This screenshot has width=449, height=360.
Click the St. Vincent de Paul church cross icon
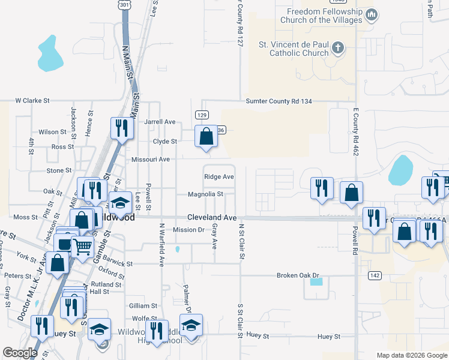pyautogui.click(x=338, y=48)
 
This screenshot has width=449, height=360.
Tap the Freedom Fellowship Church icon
pyautogui.click(x=372, y=14)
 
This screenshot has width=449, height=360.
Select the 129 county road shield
pyautogui.click(x=202, y=114)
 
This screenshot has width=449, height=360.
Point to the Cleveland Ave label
pyautogui.click(x=211, y=218)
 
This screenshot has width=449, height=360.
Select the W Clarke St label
pyautogui.click(x=32, y=101)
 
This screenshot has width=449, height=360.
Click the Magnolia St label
pyautogui.click(x=205, y=194)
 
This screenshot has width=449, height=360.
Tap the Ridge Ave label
pyautogui.click(x=218, y=176)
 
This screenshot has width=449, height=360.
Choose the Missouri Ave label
pyautogui.click(x=151, y=160)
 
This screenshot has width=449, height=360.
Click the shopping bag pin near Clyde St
pyautogui.click(x=206, y=136)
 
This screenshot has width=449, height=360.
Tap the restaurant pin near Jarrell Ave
pyautogui.click(x=121, y=128)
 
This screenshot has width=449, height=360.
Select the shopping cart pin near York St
pyautogui.click(x=82, y=246)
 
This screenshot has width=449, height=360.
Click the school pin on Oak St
pyautogui.click(x=120, y=203)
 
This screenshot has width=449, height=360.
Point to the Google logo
pyautogui.click(x=19, y=353)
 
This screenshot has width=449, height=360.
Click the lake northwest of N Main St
pyautogui.click(x=50, y=54)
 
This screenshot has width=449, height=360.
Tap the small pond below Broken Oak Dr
pyautogui.click(x=316, y=281)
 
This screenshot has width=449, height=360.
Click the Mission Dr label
pyautogui.click(x=188, y=230)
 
